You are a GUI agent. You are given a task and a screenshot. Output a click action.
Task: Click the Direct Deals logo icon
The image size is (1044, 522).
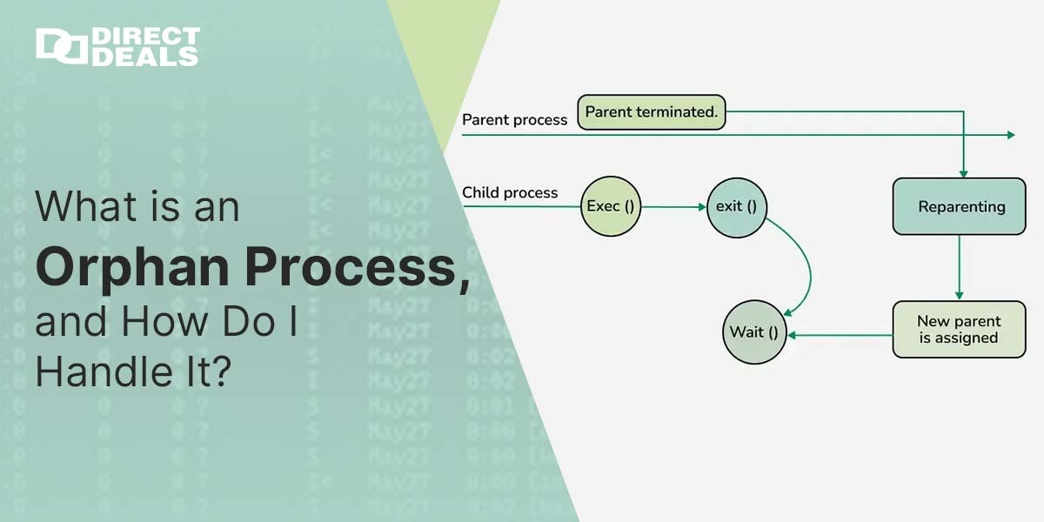[x=61, y=47]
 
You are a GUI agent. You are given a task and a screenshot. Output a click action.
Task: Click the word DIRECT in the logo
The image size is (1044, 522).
[x=145, y=37]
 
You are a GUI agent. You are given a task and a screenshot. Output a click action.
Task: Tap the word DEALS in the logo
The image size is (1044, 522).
[x=145, y=57]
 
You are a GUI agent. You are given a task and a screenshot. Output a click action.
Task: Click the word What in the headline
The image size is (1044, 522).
[x=80, y=207]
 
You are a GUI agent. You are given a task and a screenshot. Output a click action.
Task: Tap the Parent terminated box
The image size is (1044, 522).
[x=652, y=112]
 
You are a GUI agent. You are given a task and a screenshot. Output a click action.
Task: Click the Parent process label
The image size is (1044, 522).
[x=514, y=120]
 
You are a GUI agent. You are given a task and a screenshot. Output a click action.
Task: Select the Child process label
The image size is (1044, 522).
[x=510, y=192]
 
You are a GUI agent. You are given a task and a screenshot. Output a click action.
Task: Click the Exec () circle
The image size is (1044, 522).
[x=610, y=207]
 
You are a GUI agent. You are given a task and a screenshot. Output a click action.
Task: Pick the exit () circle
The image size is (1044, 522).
[x=736, y=207]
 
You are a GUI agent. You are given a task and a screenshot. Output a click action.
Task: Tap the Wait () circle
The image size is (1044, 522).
[x=754, y=332]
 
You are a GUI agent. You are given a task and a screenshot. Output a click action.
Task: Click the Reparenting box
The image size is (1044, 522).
[x=959, y=207]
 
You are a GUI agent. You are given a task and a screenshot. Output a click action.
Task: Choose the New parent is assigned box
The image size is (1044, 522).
[x=959, y=330]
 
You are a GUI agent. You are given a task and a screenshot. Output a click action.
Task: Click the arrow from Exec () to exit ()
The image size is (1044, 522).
[x=673, y=207]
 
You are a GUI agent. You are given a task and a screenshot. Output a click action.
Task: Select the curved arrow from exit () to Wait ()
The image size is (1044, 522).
[x=808, y=270]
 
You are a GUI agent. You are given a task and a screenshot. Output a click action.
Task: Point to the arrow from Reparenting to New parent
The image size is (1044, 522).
[x=959, y=267]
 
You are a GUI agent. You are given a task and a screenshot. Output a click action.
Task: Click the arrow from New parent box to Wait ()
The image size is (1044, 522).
[x=840, y=334]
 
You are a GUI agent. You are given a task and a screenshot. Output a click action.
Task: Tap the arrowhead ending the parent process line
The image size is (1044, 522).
[x=1010, y=135]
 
